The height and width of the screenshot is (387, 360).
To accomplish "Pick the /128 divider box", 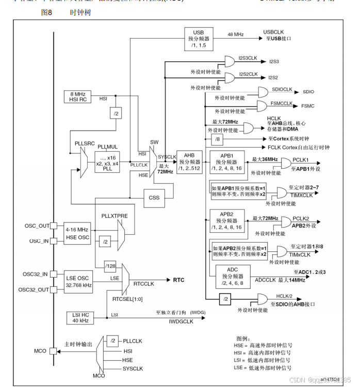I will pos(110,266).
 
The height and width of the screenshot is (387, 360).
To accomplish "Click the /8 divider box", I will pos(218,139).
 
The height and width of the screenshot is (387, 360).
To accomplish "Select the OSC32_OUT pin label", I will pos(36,289).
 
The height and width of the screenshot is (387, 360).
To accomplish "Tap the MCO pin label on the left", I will pos(40,351).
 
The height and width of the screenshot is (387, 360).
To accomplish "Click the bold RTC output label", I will pos(178,280).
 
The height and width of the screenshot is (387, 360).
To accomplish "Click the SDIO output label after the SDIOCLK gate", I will pos(308,91).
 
